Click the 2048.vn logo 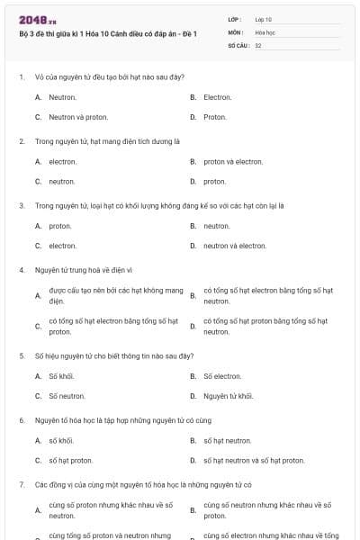[38, 20]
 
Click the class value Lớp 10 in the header [264, 19]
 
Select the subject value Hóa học [265, 31]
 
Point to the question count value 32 [258, 45]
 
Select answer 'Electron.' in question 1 [218, 97]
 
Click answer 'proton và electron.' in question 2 [233, 162]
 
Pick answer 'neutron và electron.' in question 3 [235, 245]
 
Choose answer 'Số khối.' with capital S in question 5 [61, 376]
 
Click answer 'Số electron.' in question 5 [222, 376]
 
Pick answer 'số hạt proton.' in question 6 [71, 461]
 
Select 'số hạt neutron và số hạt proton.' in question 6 [254, 461]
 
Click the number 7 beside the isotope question [21, 484]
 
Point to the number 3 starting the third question [21, 205]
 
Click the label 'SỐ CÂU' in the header [237, 45]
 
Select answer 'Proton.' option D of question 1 [215, 117]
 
